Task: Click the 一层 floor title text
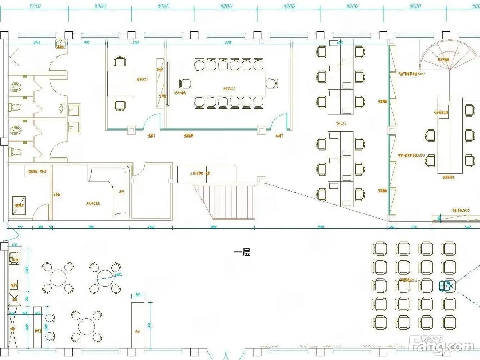pos(242,252)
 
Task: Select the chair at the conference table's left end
pos(185,84)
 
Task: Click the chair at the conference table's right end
pos(272,84)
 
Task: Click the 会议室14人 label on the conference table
pos(228,88)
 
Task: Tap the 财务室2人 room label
pos(142,79)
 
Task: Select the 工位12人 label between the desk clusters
pos(341,123)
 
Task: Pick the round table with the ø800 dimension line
pos(105,278)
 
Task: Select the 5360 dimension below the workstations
pos(320,227)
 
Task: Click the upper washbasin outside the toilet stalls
pos(74,109)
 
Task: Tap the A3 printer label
pos(200,174)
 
